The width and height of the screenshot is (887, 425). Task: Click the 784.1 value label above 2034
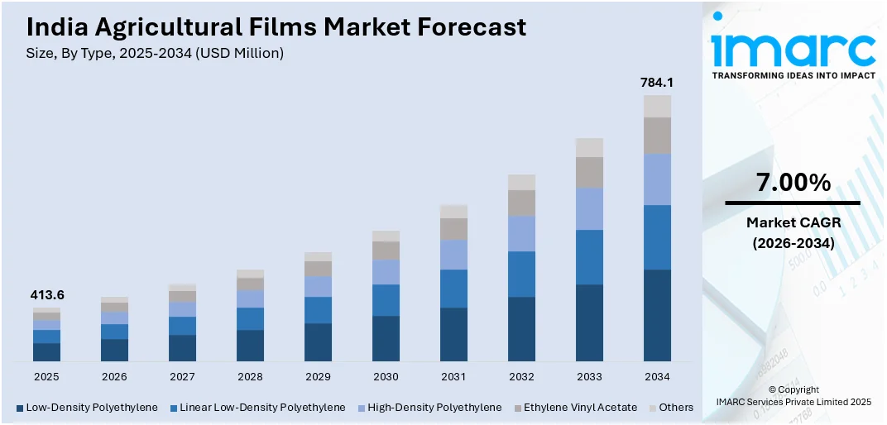click(x=657, y=83)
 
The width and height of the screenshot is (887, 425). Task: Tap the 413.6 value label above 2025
click(x=46, y=295)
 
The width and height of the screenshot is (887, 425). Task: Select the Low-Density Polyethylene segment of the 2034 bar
click(x=657, y=315)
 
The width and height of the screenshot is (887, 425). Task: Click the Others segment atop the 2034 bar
click(x=657, y=106)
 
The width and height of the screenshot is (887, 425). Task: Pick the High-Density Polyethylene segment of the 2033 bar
click(x=589, y=208)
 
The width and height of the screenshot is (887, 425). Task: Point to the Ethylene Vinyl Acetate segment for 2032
click(x=521, y=203)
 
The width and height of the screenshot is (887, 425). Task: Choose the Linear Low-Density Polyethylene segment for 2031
click(x=453, y=289)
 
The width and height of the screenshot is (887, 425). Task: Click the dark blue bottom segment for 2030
click(x=386, y=338)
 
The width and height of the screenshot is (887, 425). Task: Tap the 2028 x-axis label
click(x=250, y=376)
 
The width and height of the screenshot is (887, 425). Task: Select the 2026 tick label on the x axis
click(x=114, y=376)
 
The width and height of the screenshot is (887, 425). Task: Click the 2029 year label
click(x=318, y=376)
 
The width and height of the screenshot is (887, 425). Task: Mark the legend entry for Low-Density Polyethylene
click(x=86, y=408)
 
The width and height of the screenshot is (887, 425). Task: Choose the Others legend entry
click(x=675, y=408)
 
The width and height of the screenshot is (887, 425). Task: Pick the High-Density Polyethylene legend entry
click(x=434, y=408)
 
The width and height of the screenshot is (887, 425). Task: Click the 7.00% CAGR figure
click(x=792, y=183)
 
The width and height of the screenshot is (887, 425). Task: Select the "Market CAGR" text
click(x=792, y=222)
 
